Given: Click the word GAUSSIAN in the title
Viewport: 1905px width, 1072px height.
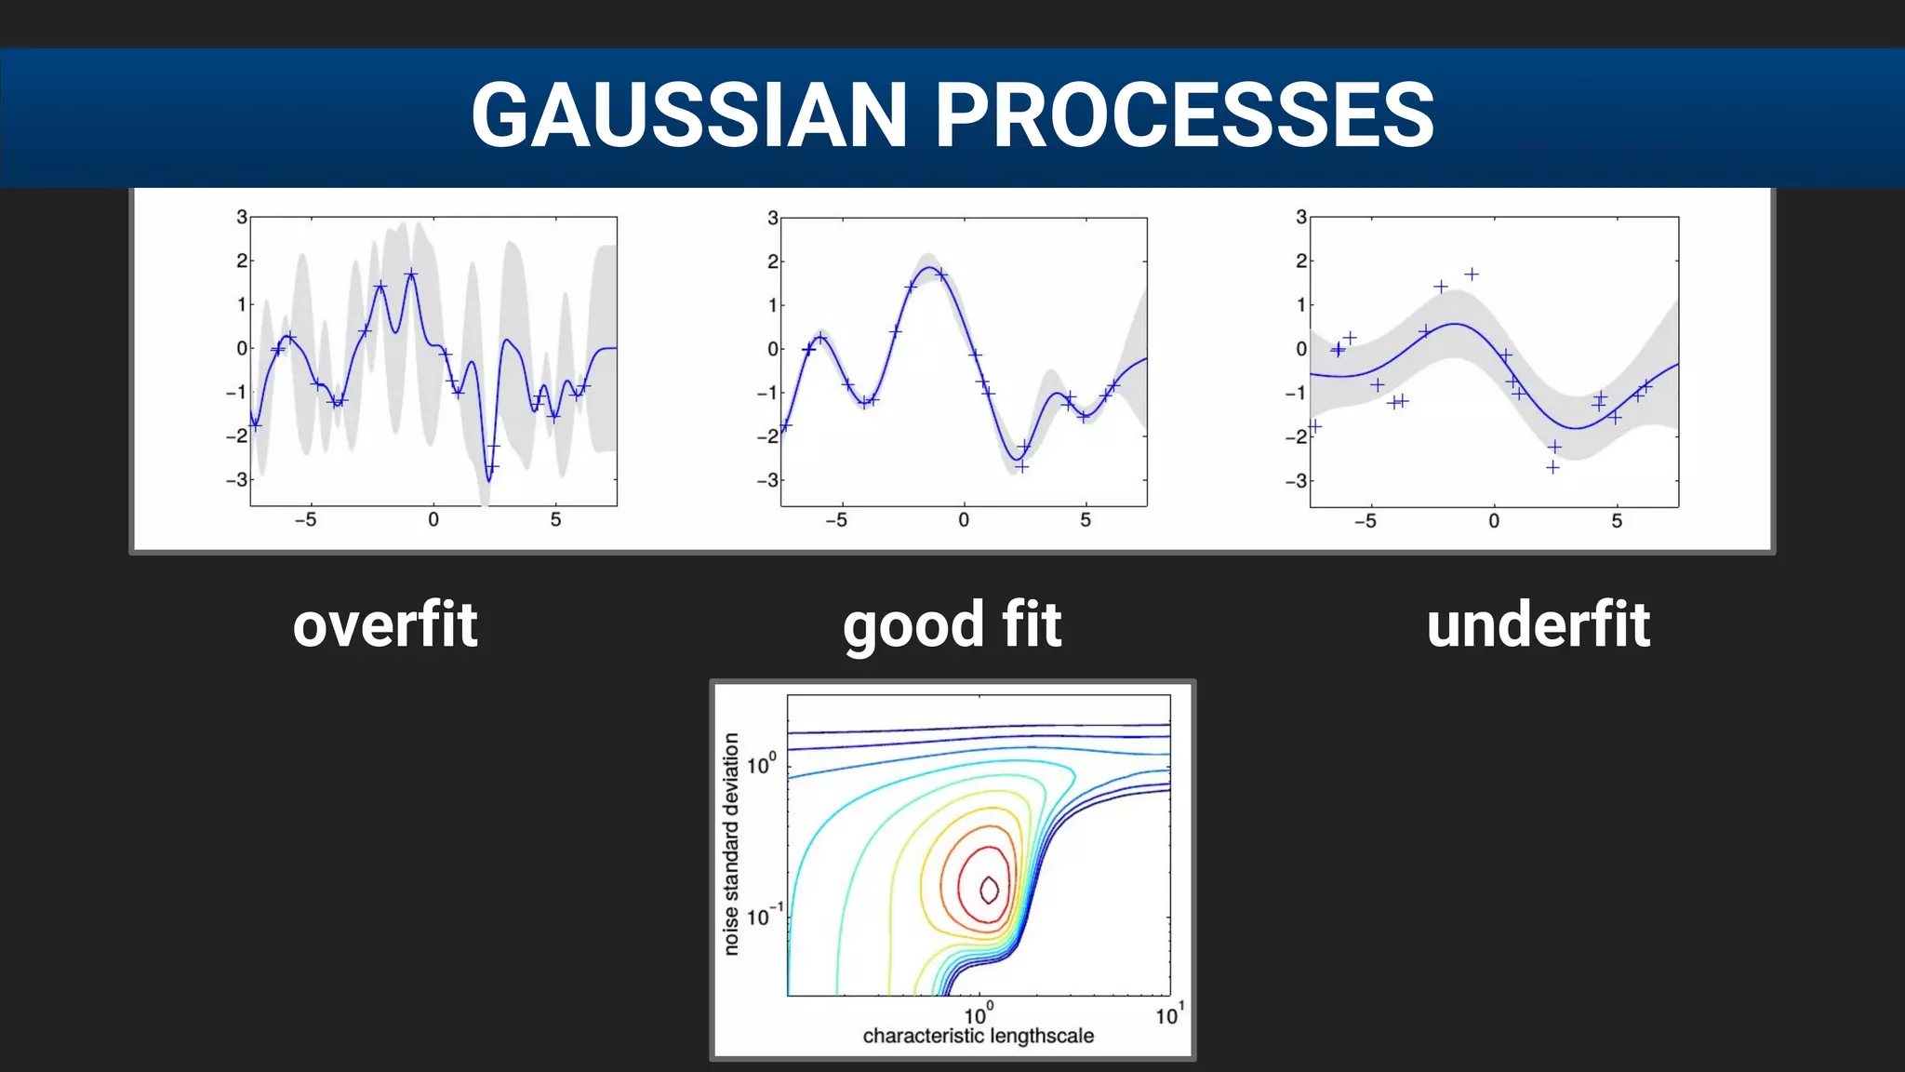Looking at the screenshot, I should point(688,115).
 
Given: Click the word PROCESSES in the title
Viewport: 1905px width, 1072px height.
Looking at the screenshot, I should point(1183,115).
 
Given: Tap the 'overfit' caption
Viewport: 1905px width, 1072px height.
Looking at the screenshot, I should point(385,624).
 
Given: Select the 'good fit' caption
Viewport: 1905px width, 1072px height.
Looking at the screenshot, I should point(952,626).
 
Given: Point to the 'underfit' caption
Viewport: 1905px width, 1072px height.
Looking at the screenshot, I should point(1539,624).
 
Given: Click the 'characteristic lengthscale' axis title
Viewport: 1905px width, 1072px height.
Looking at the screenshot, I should point(978,1037).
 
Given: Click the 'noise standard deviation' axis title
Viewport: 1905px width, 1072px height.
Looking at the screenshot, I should point(731,844).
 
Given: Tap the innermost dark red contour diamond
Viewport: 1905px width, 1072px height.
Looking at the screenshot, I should point(990,890).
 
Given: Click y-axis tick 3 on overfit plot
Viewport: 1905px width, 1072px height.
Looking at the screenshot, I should point(242,217).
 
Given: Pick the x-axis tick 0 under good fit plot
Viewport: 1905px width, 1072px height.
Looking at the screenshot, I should point(964,520).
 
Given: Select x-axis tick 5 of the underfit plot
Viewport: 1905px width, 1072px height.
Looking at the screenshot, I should point(1617,521).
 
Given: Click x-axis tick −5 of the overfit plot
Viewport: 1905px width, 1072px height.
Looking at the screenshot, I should point(305,520).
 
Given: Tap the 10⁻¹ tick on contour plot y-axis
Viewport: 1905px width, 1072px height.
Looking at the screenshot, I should point(764,917).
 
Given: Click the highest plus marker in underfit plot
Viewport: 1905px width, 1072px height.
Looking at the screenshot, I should point(1472,275).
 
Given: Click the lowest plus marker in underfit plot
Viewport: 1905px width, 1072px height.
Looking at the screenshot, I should point(1552,467).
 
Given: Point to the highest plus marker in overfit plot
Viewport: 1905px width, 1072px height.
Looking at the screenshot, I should point(411,275).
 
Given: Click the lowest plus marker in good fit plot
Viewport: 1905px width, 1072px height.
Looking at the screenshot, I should point(1021,467).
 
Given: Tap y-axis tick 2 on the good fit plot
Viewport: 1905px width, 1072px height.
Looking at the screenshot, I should point(772,261).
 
